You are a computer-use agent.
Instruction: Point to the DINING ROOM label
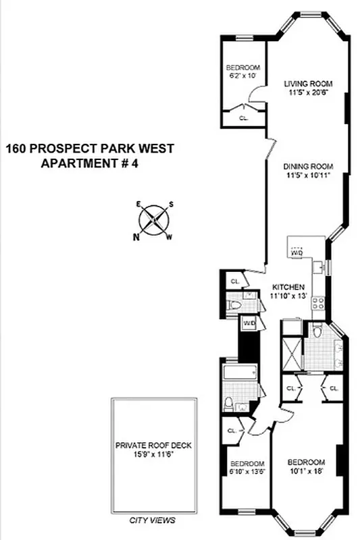click(x=308, y=166)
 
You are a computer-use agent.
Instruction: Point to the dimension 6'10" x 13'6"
click(x=247, y=472)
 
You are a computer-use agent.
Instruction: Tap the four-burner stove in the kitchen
click(x=318, y=304)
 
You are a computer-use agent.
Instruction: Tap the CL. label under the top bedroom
click(x=244, y=117)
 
